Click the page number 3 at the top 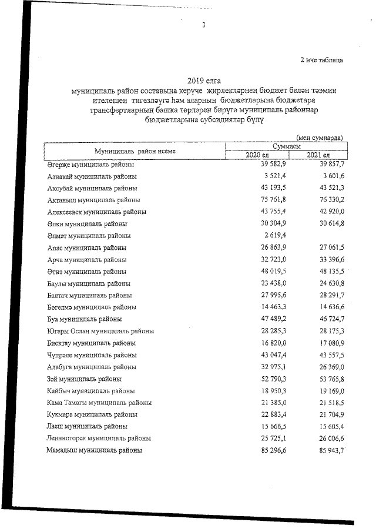coord(204,25)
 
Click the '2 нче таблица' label coord(321,59)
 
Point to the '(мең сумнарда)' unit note coord(320,137)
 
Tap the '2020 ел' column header coord(257,155)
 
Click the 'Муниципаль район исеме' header coord(135,150)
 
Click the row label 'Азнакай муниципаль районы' coord(92,176)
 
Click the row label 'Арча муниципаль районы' coord(86,260)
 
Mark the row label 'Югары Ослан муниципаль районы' coord(100,331)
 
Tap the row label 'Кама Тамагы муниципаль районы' coord(99,403)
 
